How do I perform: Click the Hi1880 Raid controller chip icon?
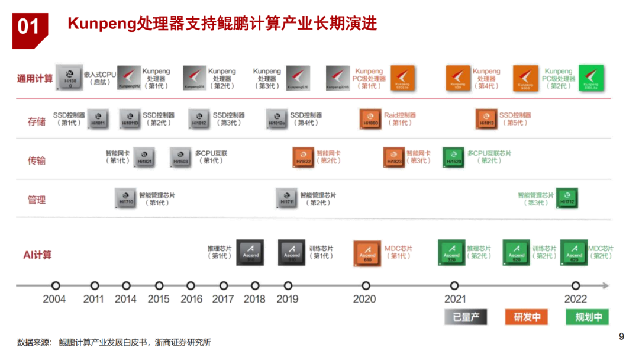pyautogui.click(x=370, y=118)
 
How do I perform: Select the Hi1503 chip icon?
pyautogui.click(x=180, y=157)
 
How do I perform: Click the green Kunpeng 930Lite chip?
pyautogui.click(x=591, y=78)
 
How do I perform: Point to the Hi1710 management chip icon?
pyautogui.click(x=125, y=198)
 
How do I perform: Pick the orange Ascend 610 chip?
pyautogui.click(x=367, y=252)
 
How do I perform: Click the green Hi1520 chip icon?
pyautogui.click(x=454, y=157)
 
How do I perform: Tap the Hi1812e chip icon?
pyautogui.click(x=277, y=118)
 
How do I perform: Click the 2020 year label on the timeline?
pyautogui.click(x=364, y=299)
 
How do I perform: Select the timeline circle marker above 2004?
pyautogui.click(x=56, y=286)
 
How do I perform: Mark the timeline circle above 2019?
pyautogui.click(x=288, y=286)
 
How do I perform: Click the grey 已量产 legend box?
pyautogui.click(x=466, y=317)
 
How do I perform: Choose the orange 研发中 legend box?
pyautogui.click(x=527, y=317)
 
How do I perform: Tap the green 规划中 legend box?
pyautogui.click(x=588, y=317)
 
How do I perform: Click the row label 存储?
pyautogui.click(x=37, y=121)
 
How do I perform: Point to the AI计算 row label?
pyautogui.click(x=37, y=255)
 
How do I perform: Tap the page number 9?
pyautogui.click(x=621, y=337)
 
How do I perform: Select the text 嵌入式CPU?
pyautogui.click(x=100, y=75)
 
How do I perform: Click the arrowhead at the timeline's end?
pyautogui.click(x=605, y=286)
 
